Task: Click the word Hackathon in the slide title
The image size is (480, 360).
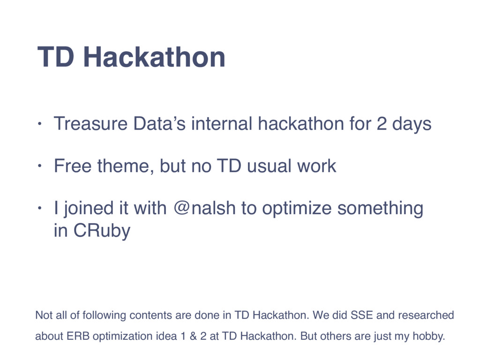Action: [154, 57]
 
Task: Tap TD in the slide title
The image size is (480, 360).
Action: [56, 57]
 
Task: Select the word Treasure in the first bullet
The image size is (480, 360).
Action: [90, 124]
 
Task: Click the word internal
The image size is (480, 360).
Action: [222, 124]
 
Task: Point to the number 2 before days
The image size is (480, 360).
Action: [382, 124]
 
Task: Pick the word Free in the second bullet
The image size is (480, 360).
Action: [73, 166]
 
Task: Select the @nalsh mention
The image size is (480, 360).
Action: [204, 208]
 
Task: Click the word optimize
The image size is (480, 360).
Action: [297, 209]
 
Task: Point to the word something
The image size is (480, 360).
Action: [380, 209]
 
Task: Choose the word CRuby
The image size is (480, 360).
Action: [102, 231]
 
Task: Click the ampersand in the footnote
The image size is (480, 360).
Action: [193, 336]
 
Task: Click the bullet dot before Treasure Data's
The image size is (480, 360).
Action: [39, 124]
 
